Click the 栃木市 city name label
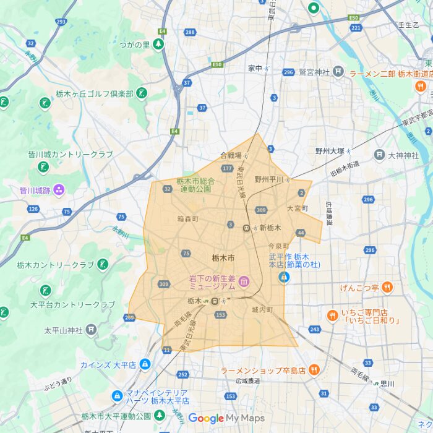pyautogui.click(x=223, y=257)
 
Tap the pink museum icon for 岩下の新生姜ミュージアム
pyautogui.click(x=244, y=283)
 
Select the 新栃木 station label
pyautogui.click(x=270, y=228)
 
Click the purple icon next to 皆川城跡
pyautogui.click(x=59, y=189)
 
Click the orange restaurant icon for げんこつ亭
pyautogui.click(x=387, y=287)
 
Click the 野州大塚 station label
pyautogui.click(x=330, y=151)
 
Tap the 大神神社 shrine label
pyautogui.click(x=403, y=155)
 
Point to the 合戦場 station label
pyautogui.click(x=231, y=155)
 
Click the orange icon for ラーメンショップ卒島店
pyautogui.click(x=314, y=370)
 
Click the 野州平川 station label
pyautogui.click(x=268, y=179)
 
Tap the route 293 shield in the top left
pyautogui.click(x=61, y=22)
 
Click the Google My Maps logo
pyautogui.click(x=226, y=418)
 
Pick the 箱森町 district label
pyautogui.click(x=187, y=219)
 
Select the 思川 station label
pyautogui.click(x=387, y=384)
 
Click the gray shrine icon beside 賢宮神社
pyautogui.click(x=338, y=72)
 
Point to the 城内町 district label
pyautogui.click(x=262, y=309)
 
